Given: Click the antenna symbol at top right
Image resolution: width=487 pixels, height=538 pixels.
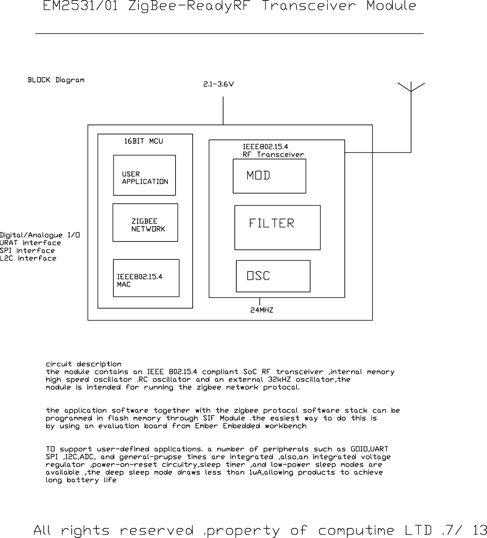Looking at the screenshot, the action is [411, 87].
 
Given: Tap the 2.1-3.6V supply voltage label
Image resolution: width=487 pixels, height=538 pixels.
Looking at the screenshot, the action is [218, 84].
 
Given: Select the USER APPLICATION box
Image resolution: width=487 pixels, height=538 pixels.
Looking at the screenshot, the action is [144, 175].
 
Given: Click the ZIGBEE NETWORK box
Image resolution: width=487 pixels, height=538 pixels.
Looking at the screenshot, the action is [145, 223].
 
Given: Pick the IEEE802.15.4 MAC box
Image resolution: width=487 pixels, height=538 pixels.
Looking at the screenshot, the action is [146, 278].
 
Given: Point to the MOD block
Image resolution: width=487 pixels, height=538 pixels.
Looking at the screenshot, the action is [269, 176].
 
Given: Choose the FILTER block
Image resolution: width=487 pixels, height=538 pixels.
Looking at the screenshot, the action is [277, 227].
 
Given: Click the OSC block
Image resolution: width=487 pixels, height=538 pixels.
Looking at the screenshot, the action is [273, 276].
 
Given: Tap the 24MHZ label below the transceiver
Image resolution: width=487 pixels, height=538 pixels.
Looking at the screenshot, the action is [261, 310].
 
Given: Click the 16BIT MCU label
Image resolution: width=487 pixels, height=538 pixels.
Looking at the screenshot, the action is [143, 142].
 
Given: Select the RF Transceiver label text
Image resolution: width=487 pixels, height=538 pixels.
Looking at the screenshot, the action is [273, 155].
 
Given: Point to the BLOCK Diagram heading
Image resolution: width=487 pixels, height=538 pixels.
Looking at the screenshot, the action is [56, 80].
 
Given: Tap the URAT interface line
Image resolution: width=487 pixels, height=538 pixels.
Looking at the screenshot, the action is [30, 243].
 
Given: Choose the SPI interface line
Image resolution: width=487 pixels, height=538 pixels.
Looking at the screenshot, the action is [28, 251].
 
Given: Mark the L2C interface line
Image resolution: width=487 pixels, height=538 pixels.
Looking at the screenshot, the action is [28, 259].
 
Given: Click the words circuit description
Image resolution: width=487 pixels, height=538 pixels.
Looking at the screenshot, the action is [83, 364].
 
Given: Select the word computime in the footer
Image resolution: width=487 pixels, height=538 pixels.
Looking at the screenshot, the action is [356, 531].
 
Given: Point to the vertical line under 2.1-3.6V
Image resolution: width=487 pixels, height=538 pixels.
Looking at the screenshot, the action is [223, 111].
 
